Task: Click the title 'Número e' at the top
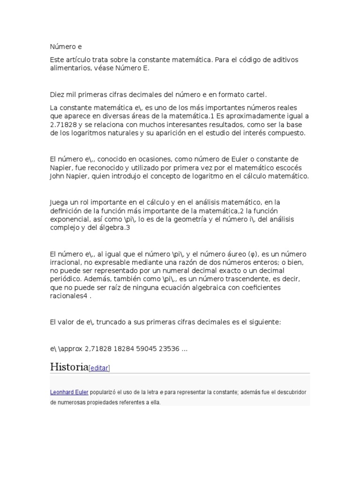click(68, 47)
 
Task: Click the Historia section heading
click(69, 367)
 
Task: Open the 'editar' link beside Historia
click(99, 368)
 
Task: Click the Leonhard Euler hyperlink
click(69, 392)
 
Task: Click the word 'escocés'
click(289, 168)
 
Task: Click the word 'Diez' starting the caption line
click(57, 95)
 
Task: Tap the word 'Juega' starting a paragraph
click(59, 202)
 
